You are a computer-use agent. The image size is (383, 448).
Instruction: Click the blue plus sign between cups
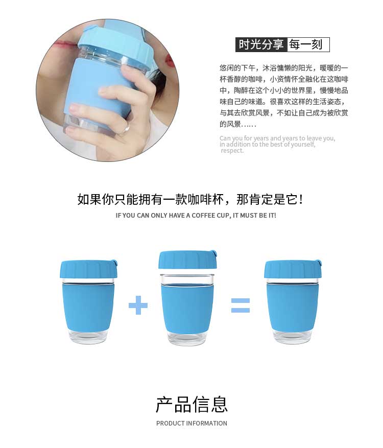pyautogui.click(x=138, y=305)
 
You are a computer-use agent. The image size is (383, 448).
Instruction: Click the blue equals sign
pyautogui.click(x=241, y=305)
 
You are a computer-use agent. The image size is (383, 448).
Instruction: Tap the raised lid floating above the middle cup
pyautogui.click(x=187, y=260)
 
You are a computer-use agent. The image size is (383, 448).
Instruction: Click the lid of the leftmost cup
pyautogui.click(x=88, y=269)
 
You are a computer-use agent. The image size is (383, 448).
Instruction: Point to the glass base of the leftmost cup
pyautogui.click(x=88, y=337)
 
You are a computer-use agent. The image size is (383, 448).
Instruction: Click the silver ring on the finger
pyautogui.click(x=125, y=129)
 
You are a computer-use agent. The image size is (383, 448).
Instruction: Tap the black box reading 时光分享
pyautogui.click(x=261, y=44)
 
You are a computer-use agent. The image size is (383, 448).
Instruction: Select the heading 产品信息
pyautogui.click(x=192, y=404)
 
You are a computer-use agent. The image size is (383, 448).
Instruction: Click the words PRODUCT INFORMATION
pyautogui.click(x=192, y=423)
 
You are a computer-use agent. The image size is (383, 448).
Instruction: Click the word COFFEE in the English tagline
pyautogui.click(x=204, y=216)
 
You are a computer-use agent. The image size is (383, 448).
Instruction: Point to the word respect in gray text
pyautogui.click(x=232, y=151)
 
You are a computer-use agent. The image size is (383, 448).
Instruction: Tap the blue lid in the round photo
pyautogui.click(x=114, y=43)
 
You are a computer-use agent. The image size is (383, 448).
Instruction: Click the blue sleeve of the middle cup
pyautogui.click(x=187, y=308)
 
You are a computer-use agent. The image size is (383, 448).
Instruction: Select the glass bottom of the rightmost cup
pyautogui.click(x=292, y=337)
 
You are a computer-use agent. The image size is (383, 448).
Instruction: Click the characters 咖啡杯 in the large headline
pyautogui.click(x=206, y=199)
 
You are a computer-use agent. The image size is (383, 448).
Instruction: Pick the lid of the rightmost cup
pyautogui.click(x=293, y=269)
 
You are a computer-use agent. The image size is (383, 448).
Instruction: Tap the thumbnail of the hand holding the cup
pyautogui.click(x=108, y=90)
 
